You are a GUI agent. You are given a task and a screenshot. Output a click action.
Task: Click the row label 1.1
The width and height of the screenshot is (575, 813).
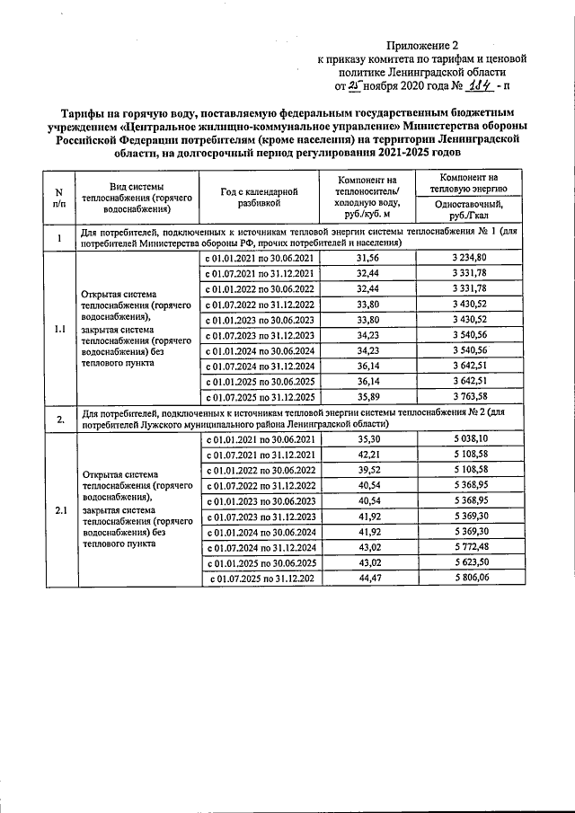59,328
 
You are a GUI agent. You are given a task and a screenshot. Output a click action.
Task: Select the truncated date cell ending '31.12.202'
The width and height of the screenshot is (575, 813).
261,580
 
